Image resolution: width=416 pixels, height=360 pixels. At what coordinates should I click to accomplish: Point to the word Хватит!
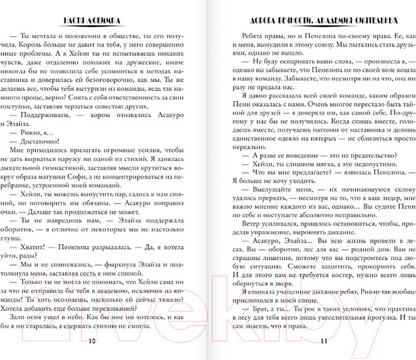tap(50, 244)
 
